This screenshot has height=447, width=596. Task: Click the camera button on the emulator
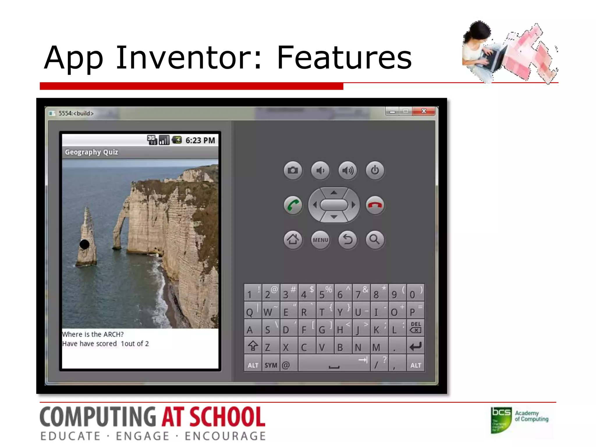click(x=293, y=170)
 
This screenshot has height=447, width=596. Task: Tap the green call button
click(x=293, y=205)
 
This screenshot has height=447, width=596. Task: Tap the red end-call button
click(x=375, y=205)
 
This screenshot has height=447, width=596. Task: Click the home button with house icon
click(x=293, y=240)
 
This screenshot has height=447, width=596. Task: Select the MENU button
click(x=320, y=240)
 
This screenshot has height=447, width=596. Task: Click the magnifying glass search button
click(x=375, y=240)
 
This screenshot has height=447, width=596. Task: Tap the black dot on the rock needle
click(x=85, y=244)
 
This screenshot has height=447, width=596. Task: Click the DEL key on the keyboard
click(x=416, y=327)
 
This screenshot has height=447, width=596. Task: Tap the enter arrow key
click(x=416, y=346)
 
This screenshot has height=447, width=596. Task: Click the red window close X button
click(x=424, y=111)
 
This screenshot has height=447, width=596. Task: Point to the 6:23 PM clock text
click(x=200, y=141)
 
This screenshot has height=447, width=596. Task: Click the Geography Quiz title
click(x=91, y=152)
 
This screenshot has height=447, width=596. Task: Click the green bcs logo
click(x=501, y=420)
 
